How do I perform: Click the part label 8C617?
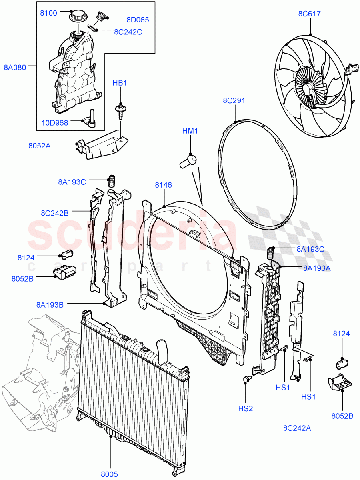click(x=309, y=14)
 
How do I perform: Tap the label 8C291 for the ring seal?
click(x=234, y=101)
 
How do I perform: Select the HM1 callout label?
click(x=191, y=131)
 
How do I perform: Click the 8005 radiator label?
click(x=109, y=474)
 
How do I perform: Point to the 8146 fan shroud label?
click(x=164, y=185)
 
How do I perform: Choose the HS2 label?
click(x=245, y=409)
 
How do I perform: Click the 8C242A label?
click(x=297, y=428)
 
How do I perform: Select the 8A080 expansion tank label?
click(x=15, y=67)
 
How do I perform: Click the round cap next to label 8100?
click(x=76, y=17)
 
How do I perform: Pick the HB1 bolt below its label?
click(x=119, y=110)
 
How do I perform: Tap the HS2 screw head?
click(x=246, y=378)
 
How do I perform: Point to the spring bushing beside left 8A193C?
click(x=112, y=181)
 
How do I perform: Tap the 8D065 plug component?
click(x=100, y=18)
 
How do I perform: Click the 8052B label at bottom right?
click(x=342, y=416)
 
